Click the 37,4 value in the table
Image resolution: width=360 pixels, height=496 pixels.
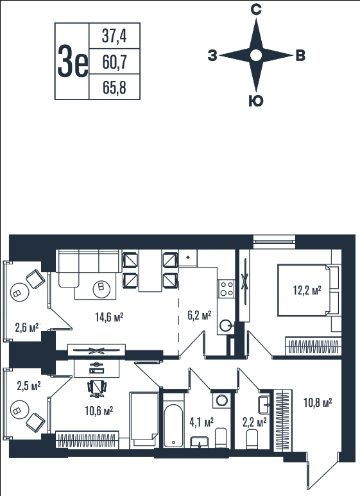(x=114, y=35)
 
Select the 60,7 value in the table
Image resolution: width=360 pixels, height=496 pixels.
(x=114, y=62)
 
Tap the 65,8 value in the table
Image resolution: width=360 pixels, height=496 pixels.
(x=114, y=87)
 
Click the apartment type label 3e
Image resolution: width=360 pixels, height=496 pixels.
(x=73, y=61)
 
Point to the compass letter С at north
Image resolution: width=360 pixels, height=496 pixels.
(x=255, y=10)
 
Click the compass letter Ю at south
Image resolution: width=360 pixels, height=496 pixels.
(x=255, y=101)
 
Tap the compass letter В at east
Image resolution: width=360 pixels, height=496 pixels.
(x=300, y=56)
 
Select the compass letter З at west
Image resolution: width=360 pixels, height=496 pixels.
(x=212, y=56)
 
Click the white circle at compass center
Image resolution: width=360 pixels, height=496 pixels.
(x=256, y=56)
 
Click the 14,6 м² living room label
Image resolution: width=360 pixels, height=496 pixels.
(x=109, y=316)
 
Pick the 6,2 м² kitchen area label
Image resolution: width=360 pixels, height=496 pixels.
(x=200, y=315)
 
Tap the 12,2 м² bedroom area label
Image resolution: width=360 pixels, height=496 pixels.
(x=307, y=290)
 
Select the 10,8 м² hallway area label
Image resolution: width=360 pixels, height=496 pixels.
(x=318, y=402)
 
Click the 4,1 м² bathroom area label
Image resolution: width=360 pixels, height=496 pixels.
(x=201, y=422)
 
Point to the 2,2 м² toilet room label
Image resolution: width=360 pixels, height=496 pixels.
(x=254, y=422)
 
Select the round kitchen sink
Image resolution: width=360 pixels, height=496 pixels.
(x=226, y=325)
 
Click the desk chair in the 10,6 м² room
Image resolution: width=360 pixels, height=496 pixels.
(x=97, y=388)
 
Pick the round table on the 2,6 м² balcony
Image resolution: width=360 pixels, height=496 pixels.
(x=20, y=293)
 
